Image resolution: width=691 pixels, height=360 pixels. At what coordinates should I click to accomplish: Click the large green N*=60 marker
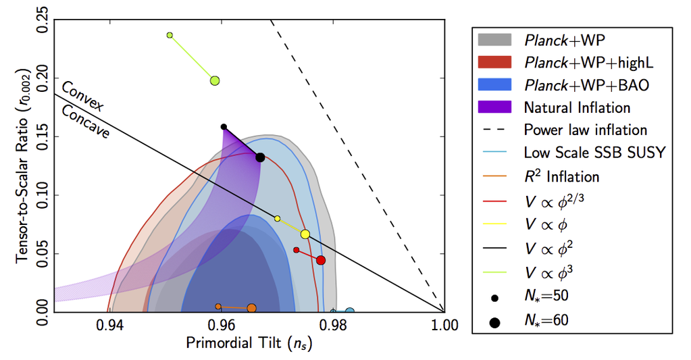point(215,80)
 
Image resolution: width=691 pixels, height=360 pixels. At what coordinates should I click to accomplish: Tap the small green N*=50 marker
point(170,35)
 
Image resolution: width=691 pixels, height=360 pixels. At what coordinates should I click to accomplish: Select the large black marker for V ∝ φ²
point(260,157)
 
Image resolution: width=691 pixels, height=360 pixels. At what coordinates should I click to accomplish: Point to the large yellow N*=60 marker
point(305,234)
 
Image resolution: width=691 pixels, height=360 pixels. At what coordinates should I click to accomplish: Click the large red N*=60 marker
point(321,260)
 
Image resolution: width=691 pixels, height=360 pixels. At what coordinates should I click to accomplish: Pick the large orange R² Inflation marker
point(251,308)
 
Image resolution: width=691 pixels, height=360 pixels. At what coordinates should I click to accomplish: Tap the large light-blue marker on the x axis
point(350,311)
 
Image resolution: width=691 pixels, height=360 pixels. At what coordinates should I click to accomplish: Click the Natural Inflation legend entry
point(577,107)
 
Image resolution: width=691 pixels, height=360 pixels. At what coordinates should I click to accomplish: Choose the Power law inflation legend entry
point(585,129)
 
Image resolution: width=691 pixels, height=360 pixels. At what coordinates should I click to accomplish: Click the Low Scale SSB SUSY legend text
point(594,152)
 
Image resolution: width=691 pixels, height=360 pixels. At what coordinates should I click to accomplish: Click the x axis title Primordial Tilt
point(249,344)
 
